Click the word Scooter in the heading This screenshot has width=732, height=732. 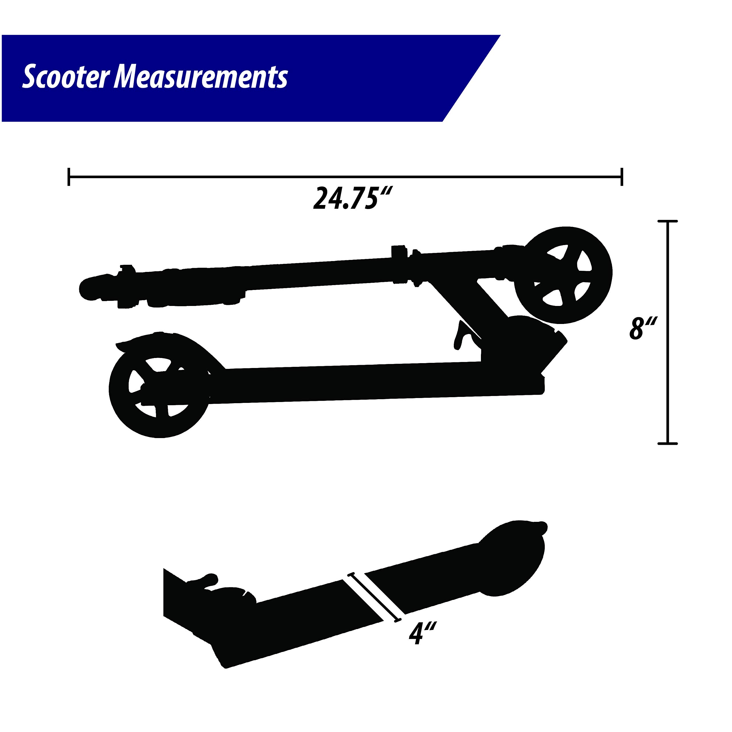[x=65, y=77]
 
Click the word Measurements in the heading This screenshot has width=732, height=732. [x=201, y=77]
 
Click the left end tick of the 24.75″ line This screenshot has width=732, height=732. [x=69, y=176]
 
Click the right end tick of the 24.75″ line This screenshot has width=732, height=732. [x=622, y=176]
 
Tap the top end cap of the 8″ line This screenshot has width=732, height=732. [x=667, y=221]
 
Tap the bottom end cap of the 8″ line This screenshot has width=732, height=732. [x=667, y=443]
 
